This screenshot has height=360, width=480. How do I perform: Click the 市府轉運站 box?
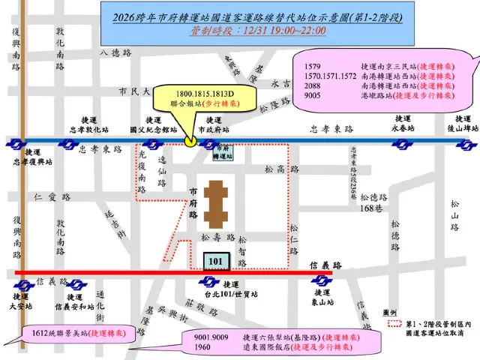pyautogui.click(x=223, y=153)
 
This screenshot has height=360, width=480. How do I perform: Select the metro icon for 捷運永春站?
pyautogui.click(x=403, y=140)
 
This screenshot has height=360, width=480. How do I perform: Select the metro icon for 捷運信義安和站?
pyautogui.click(x=75, y=286)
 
